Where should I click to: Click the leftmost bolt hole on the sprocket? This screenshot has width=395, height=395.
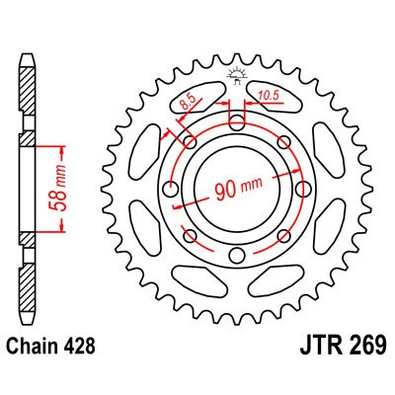coord(173,188)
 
